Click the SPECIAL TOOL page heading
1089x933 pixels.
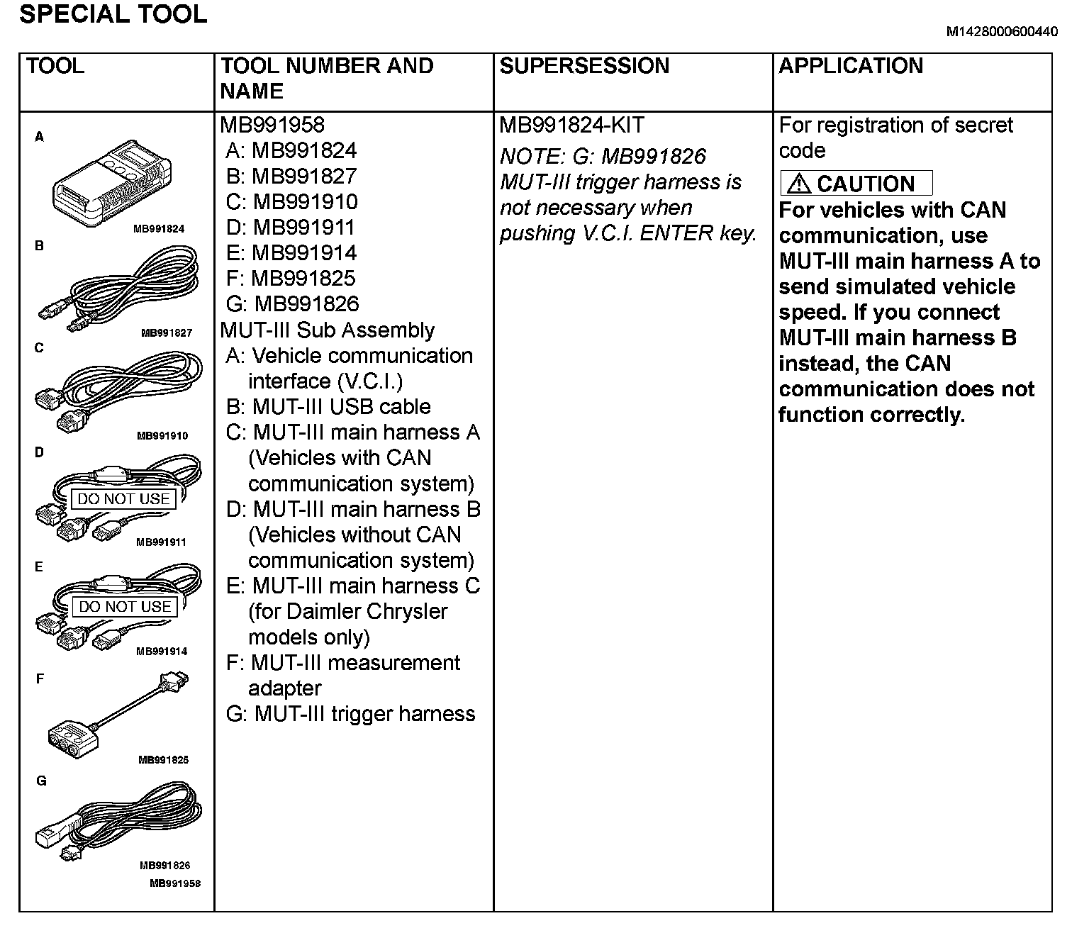coord(113,14)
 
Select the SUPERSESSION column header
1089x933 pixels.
coord(584,66)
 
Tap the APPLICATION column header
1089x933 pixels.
coord(851,66)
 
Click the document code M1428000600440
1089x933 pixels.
coord(1002,32)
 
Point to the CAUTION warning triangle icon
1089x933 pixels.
coord(798,184)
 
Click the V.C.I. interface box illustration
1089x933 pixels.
coord(113,183)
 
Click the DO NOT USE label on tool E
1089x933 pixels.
coord(125,607)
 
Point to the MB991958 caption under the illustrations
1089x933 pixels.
coord(174,883)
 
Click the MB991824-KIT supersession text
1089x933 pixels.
coord(571,125)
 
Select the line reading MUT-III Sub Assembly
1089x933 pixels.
coord(327,330)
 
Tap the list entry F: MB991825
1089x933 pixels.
coord(291,279)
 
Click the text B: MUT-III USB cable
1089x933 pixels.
coord(328,407)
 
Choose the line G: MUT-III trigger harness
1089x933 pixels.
coord(350,714)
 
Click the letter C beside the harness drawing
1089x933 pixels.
coord(40,348)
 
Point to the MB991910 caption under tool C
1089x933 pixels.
coord(162,436)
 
